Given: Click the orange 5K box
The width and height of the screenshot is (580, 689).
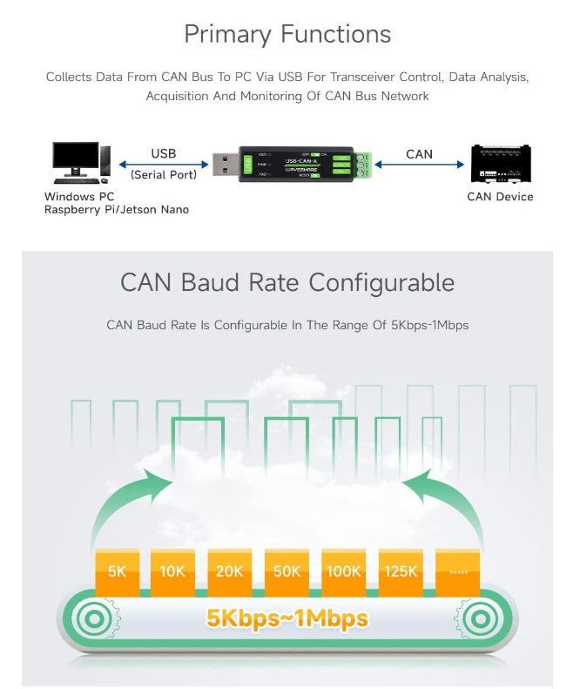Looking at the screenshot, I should click(x=117, y=571).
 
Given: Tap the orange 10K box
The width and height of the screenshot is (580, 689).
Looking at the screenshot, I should click(x=172, y=571).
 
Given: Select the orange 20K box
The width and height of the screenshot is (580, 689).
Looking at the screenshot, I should click(x=229, y=571).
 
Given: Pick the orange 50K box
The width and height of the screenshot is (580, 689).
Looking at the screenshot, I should click(x=287, y=571).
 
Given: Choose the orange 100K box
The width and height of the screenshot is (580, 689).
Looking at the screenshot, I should click(x=343, y=571).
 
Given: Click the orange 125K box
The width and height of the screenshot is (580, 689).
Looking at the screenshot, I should click(x=401, y=571).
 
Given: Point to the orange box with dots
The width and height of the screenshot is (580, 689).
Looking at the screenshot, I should click(x=457, y=571).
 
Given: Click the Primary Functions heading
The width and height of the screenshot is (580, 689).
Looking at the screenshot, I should click(x=287, y=34).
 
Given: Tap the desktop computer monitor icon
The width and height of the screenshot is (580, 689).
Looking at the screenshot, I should click(x=77, y=159).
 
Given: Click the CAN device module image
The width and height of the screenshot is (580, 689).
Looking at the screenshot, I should click(x=500, y=163).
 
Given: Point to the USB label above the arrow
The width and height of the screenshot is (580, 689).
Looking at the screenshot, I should click(x=164, y=153).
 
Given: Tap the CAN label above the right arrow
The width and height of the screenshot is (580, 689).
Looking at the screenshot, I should click(x=419, y=154).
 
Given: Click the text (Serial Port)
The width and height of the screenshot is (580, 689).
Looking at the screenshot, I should click(x=164, y=175).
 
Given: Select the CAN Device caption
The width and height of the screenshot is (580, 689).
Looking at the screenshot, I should click(x=500, y=197).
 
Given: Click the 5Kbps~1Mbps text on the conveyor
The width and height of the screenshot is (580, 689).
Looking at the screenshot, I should click(x=287, y=619).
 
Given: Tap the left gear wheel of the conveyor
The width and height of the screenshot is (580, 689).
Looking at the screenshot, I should click(x=92, y=619).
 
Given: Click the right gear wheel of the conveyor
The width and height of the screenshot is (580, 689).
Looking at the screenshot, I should click(x=482, y=619).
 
